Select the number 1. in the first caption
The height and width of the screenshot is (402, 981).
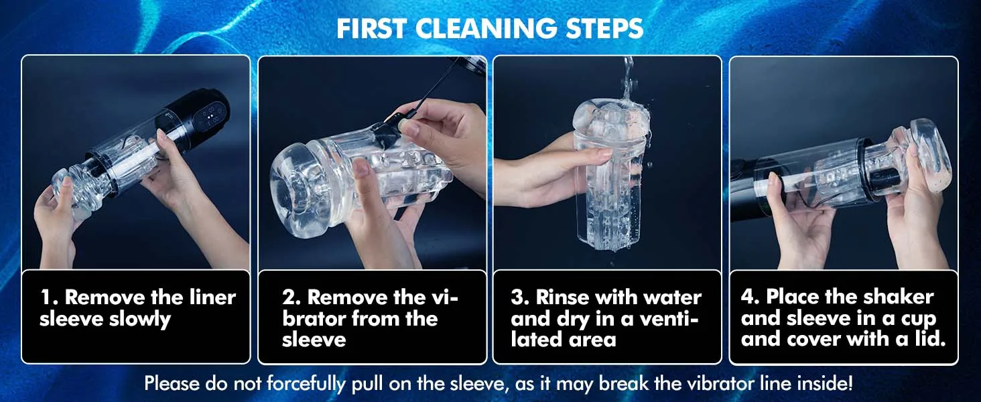(48, 297)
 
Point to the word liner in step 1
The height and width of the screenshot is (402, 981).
(212, 297)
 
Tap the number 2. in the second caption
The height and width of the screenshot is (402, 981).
(291, 297)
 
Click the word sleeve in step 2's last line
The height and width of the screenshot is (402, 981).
(314, 340)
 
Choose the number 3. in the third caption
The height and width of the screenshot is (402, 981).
(519, 297)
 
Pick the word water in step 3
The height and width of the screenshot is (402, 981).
(676, 297)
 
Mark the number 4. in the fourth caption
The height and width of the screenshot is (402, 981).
(750, 297)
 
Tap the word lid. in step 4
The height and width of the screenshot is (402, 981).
(929, 339)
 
